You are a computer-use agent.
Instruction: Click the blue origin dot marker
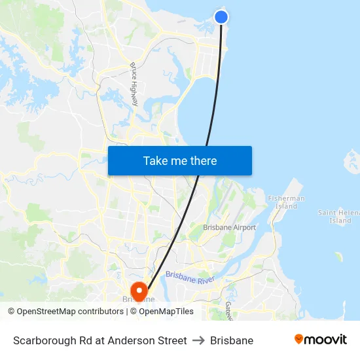[221, 17]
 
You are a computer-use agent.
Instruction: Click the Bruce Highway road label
[135, 84]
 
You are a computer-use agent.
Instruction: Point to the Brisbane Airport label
[229, 227]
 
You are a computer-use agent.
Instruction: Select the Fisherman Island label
[286, 202]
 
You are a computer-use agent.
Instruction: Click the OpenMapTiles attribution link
[165, 312]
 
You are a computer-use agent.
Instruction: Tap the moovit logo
[321, 340]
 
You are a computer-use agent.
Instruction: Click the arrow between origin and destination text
[198, 340]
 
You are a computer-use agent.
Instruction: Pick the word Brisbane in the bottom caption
[232, 340]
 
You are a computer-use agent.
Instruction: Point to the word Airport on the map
[244, 227]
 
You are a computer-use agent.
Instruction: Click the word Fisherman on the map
[286, 198]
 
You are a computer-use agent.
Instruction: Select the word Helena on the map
[348, 212]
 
